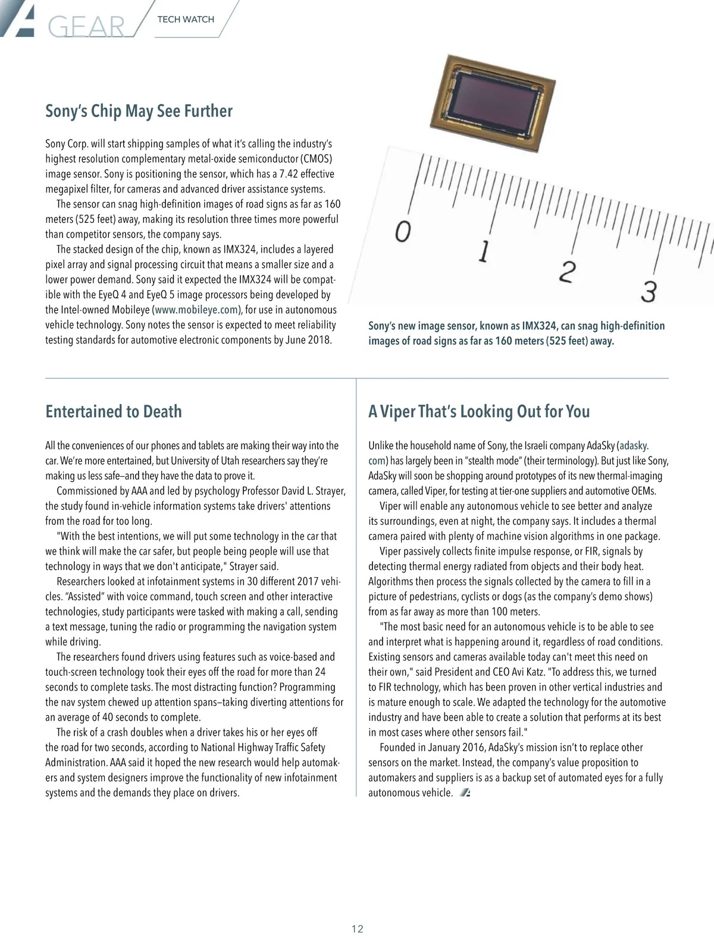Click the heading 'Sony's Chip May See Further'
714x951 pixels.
click(x=139, y=111)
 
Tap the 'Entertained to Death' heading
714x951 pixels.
click(x=114, y=411)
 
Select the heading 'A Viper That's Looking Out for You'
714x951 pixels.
click(x=479, y=411)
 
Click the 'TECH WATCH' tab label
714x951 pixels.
click(x=186, y=20)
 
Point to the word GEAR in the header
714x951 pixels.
click(x=87, y=27)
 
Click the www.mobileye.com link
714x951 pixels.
click(x=196, y=310)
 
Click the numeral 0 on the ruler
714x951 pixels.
click(x=403, y=231)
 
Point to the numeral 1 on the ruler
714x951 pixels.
click(x=484, y=251)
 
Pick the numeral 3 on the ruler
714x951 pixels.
click(x=649, y=291)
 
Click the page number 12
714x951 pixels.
click(x=357, y=929)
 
